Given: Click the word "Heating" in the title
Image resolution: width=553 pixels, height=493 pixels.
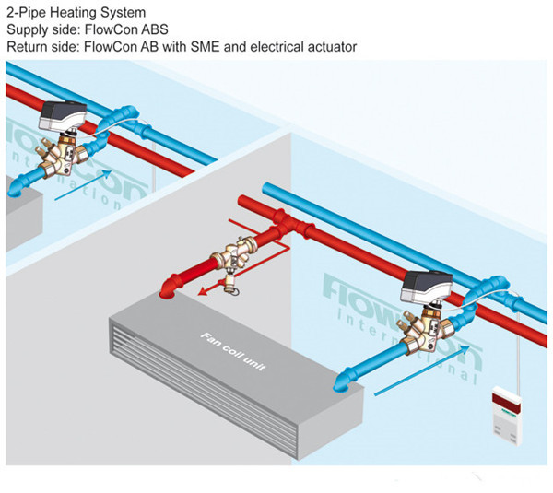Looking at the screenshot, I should (75, 14).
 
